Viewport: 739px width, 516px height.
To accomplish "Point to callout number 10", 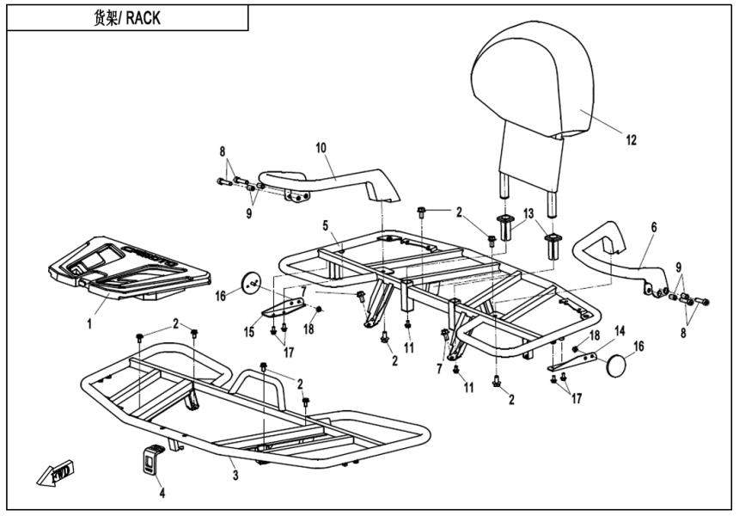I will (x=321, y=148).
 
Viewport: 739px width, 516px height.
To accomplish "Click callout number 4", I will (x=162, y=493).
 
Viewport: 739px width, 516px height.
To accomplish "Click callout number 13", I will (x=528, y=212).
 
